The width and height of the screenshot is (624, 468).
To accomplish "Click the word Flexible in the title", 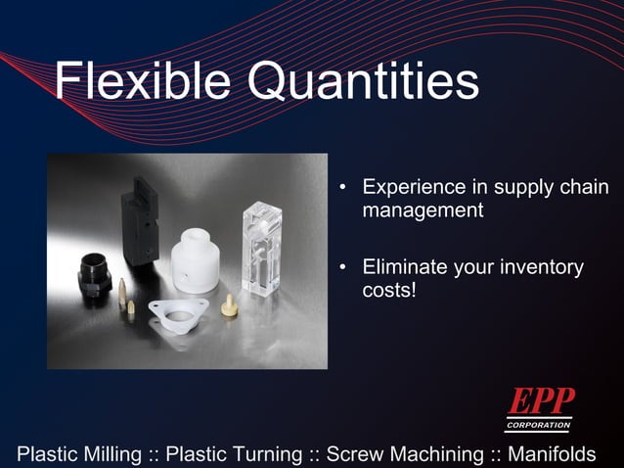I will (x=143, y=82).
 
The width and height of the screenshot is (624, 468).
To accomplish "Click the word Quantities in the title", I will (x=363, y=82).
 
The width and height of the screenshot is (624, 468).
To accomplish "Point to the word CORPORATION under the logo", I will (x=539, y=426).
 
